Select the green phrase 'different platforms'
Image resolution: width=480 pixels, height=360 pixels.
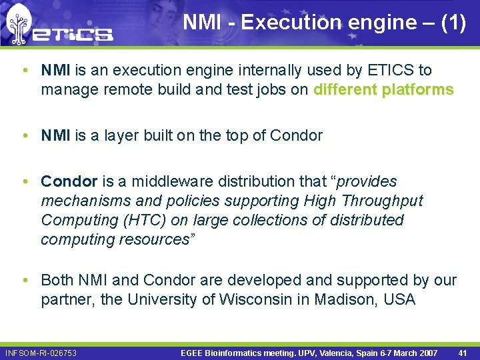pyautogui.click(x=383, y=89)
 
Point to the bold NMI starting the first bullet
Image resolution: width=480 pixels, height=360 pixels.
pyautogui.click(x=56, y=70)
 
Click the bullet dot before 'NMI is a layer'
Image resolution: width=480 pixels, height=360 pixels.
pyautogui.click(x=25, y=136)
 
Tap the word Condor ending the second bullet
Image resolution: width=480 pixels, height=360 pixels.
pyautogui.click(x=296, y=136)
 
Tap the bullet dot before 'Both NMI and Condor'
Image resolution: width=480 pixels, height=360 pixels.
pyautogui.click(x=25, y=280)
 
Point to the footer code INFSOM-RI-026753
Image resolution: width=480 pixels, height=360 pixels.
pyautogui.click(x=41, y=353)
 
